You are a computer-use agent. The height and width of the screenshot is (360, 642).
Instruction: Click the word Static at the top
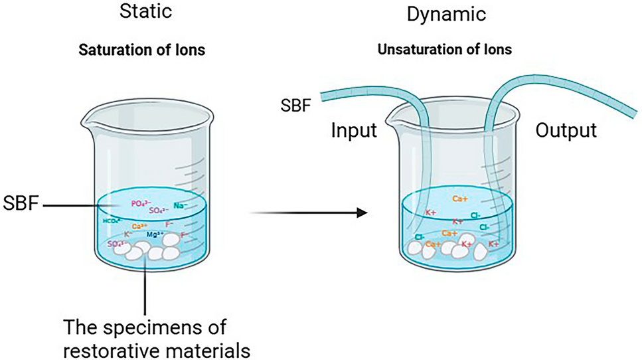(x=144, y=11)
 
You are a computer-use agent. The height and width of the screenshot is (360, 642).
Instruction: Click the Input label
(x=354, y=131)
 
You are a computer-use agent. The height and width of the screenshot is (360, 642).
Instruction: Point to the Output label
(x=566, y=131)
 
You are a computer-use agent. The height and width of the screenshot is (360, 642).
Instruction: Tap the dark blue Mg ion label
(x=157, y=234)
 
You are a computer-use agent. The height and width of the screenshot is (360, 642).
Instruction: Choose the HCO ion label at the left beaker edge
(x=111, y=221)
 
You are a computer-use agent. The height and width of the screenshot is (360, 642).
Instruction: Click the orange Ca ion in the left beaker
(x=139, y=226)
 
